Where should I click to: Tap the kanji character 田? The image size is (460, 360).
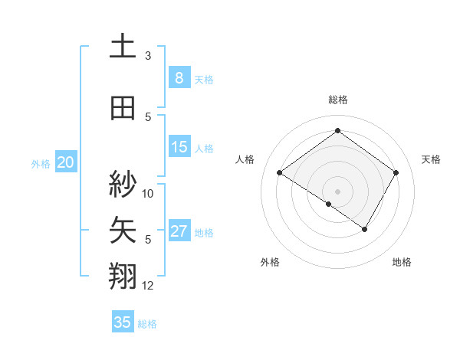click(x=123, y=107)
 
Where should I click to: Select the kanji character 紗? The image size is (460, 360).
click(x=123, y=184)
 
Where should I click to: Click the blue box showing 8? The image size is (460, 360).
click(x=179, y=78)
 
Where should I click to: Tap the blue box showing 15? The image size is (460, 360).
click(x=179, y=147)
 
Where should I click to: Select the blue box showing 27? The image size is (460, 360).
click(x=179, y=231)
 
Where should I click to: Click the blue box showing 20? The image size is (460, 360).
click(x=66, y=162)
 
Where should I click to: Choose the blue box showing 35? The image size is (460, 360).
click(x=123, y=322)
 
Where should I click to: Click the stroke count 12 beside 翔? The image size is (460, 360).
click(x=148, y=286)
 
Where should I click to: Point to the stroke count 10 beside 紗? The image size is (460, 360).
click(x=148, y=193)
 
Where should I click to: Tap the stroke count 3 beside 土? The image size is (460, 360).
click(x=148, y=56)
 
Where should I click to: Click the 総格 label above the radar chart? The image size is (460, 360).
click(x=337, y=100)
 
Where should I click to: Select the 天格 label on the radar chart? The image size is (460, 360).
click(x=431, y=159)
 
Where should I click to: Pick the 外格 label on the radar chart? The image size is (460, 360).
click(x=270, y=263)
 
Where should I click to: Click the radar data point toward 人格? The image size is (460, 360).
click(x=280, y=173)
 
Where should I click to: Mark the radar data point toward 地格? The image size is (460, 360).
click(x=365, y=229)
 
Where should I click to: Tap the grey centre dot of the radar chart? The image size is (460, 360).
click(x=337, y=191)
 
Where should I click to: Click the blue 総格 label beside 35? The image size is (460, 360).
click(x=147, y=324)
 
